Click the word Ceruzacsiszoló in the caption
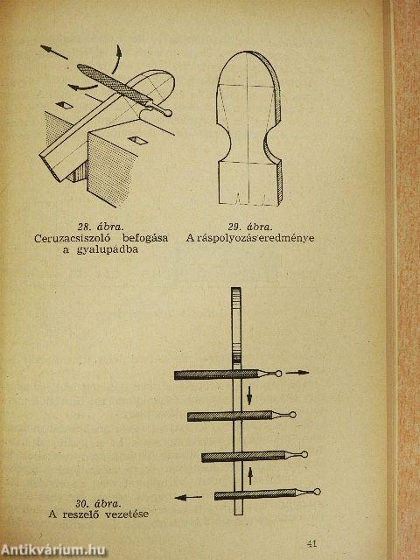[x=73, y=238]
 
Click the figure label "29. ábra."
[x=250, y=227]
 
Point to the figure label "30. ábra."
[x=98, y=504]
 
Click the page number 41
[x=311, y=543]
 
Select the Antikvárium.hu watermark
[x=53, y=549]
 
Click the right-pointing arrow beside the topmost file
[x=297, y=373]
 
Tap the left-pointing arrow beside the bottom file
[x=188, y=497]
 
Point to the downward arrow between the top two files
[x=249, y=395]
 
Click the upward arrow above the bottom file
[x=250, y=475]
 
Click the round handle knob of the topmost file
[x=278, y=374]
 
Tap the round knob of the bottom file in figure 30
[x=317, y=492]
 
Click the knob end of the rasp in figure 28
[x=168, y=113]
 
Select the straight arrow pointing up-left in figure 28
[x=54, y=52]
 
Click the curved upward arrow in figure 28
[x=117, y=59]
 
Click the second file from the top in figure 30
[x=241, y=416]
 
